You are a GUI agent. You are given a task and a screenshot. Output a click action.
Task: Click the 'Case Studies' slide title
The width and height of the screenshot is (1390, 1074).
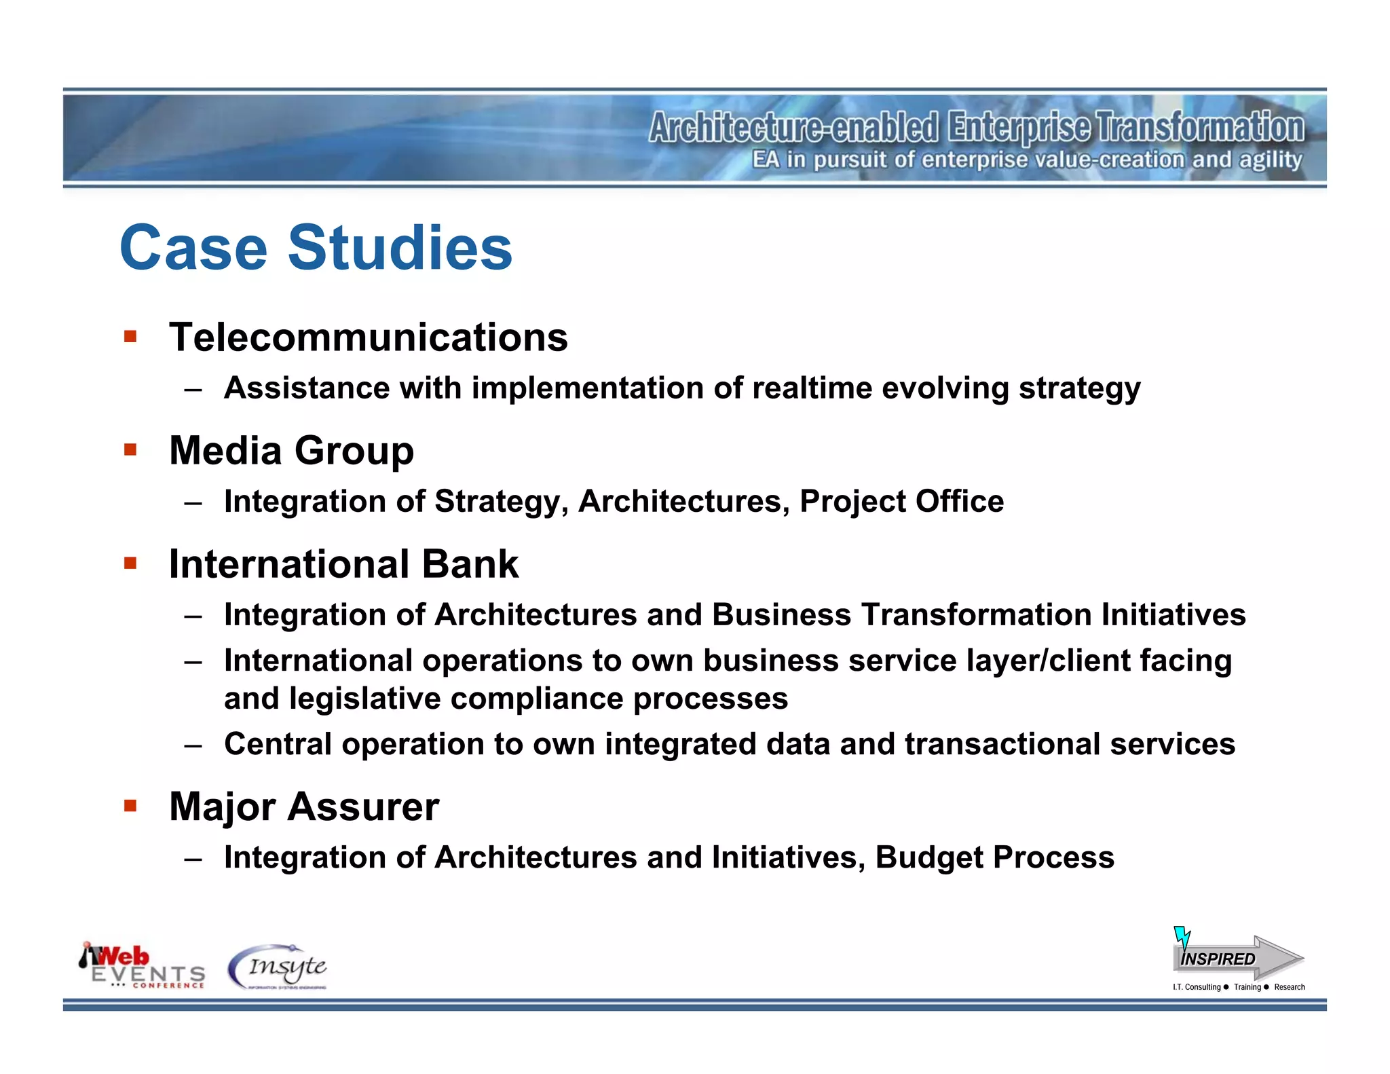point(316,248)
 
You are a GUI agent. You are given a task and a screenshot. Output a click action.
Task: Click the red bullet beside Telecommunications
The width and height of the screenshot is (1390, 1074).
point(131,336)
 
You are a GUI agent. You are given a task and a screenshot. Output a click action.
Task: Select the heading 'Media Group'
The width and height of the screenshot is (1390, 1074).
point(291,451)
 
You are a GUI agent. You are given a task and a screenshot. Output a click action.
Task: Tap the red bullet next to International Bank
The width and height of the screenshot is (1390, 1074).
point(131,563)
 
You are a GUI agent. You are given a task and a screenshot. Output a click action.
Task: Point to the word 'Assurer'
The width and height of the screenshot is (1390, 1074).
point(363,807)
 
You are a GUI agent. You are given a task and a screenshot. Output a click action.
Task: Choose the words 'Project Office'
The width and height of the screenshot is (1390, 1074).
point(901,502)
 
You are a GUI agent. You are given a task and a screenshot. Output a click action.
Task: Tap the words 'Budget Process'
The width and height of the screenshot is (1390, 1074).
point(994,857)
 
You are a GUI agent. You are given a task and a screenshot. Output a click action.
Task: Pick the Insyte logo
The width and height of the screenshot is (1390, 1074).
point(278,967)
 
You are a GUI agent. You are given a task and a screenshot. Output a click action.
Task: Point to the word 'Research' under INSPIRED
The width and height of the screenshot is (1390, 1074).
point(1289,987)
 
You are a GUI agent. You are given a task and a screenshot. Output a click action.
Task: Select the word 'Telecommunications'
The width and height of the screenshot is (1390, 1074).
point(369,337)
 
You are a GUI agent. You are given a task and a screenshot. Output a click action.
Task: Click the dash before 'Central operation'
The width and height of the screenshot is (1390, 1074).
point(193,745)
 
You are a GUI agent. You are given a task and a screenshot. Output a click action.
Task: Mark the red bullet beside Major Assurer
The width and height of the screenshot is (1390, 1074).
point(131,806)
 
